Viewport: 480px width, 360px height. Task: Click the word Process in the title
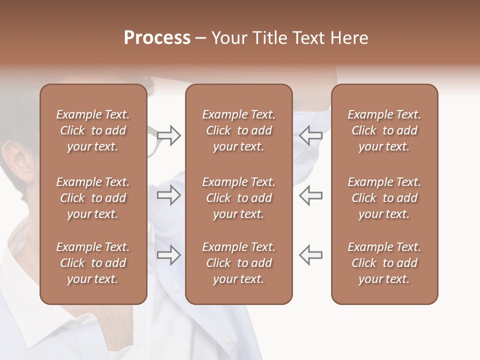coord(157,38)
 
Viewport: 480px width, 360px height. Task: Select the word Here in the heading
coord(349,38)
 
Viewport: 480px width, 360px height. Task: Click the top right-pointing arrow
coord(168,135)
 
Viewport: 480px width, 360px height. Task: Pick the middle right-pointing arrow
coord(168,195)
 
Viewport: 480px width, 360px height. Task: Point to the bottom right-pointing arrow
coord(168,255)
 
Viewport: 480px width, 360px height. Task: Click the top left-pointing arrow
coord(310,135)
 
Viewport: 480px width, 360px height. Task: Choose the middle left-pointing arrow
coord(310,195)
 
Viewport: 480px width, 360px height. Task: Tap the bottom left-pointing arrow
coord(310,255)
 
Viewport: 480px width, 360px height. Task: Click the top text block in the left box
coord(93,130)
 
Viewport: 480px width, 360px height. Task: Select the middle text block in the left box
coord(93,198)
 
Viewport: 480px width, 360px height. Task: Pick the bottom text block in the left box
coord(93,263)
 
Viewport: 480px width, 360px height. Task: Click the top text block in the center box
coord(238,130)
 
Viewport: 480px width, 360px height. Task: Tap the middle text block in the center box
coord(238,198)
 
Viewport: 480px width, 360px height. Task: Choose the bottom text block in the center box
coord(238,263)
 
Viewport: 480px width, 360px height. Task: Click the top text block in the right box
coord(384,130)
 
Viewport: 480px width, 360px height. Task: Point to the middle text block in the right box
coord(384,198)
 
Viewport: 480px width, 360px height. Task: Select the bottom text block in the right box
coord(384,263)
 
